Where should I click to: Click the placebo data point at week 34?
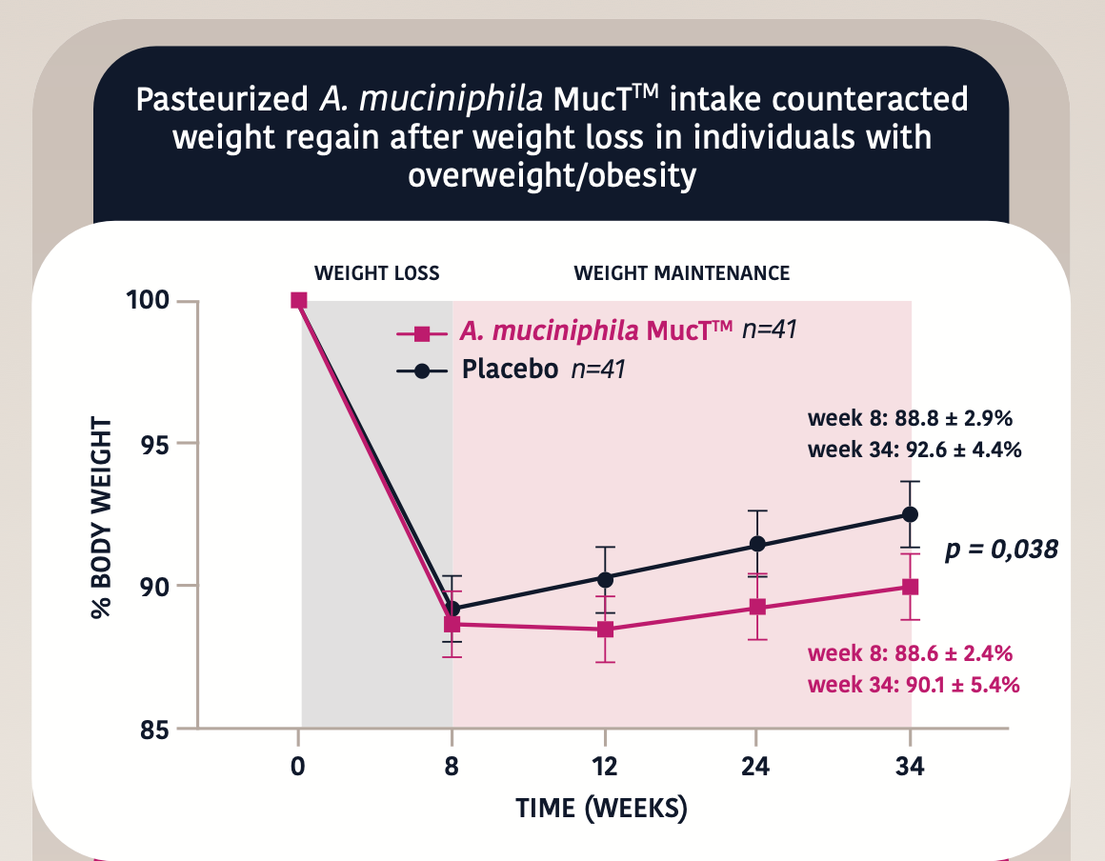pyautogui.click(x=910, y=514)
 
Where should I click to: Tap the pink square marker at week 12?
pyautogui.click(x=605, y=630)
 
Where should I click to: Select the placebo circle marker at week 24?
pyautogui.click(x=757, y=544)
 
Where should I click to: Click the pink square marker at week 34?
pyautogui.click(x=910, y=587)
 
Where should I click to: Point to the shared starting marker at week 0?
pyautogui.click(x=299, y=300)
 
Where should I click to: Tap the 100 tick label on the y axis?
pyautogui.click(x=148, y=301)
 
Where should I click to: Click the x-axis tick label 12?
pyautogui.click(x=605, y=767)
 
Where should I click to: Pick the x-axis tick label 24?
pyautogui.click(x=757, y=767)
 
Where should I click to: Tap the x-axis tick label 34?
pyautogui.click(x=910, y=767)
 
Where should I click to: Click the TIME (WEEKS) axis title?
pyautogui.click(x=601, y=809)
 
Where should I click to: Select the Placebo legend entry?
pyautogui.click(x=510, y=369)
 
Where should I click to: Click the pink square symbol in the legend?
pyautogui.click(x=423, y=333)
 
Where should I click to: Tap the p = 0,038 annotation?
pyautogui.click(x=1001, y=550)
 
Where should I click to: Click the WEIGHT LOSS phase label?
pyautogui.click(x=377, y=273)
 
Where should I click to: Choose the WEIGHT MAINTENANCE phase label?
pyautogui.click(x=681, y=273)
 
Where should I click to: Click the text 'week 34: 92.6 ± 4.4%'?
pyautogui.click(x=914, y=450)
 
